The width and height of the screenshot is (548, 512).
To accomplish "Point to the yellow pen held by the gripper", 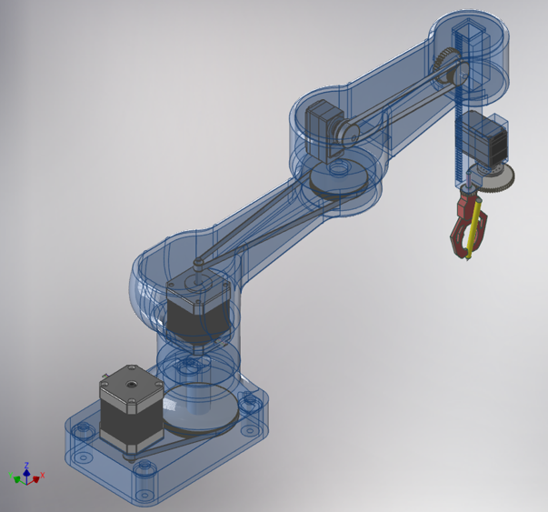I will click(473, 232).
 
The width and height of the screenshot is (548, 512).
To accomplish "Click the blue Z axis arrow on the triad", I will click(27, 466).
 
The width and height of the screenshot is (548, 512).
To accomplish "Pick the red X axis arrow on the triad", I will click(40, 476).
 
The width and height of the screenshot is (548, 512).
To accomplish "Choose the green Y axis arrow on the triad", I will click(14, 475).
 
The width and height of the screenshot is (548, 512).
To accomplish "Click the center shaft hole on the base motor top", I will click(131, 383).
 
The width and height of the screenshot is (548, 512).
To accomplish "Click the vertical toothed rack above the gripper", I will click(460, 136).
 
